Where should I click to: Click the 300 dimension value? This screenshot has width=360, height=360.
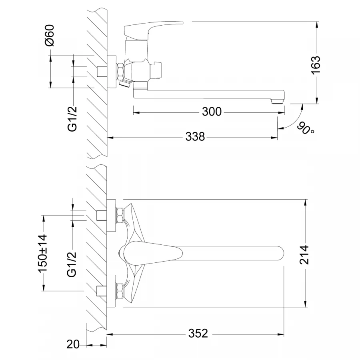(212, 112)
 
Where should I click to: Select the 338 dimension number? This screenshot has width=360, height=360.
(195, 137)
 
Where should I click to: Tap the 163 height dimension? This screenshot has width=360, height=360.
(316, 65)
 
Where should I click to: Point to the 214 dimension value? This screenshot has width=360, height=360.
(304, 255)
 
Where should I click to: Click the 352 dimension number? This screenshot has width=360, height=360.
(198, 333)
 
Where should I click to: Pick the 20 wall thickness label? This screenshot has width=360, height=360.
(73, 344)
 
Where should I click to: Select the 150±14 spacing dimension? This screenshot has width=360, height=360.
(42, 253)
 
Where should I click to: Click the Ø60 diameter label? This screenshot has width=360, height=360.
(50, 35)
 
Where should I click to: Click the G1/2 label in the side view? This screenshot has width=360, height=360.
(72, 119)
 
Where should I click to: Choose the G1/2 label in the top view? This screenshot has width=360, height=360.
(72, 264)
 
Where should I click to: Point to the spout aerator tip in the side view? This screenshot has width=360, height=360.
(277, 101)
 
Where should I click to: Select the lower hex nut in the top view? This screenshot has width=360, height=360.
(120, 291)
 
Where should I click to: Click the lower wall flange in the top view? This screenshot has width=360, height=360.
(111, 291)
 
